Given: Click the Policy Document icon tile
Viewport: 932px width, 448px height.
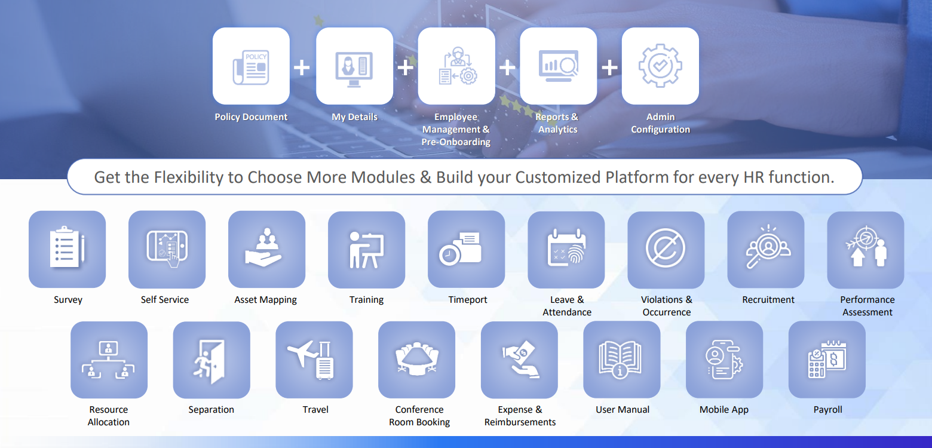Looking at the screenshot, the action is pos(251,66).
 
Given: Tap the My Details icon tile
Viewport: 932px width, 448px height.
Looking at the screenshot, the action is pos(354,66).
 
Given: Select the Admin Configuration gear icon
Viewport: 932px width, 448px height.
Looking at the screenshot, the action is pos(660,66).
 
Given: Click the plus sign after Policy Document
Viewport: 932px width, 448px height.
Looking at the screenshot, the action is pos(302,67).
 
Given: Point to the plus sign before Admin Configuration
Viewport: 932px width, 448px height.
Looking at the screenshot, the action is pos(609,67).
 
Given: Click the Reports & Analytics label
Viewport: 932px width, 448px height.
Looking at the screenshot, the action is pos(557,123).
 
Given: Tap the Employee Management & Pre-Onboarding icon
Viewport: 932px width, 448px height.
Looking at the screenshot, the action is pos(457,66).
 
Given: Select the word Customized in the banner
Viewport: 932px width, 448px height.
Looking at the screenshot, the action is pos(558,177).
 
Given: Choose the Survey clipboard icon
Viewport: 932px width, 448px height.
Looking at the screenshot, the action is pos(66,247).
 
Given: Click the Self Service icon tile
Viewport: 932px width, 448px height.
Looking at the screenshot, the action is pos(167,249).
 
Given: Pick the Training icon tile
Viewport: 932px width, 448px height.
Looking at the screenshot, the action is pos(367,250).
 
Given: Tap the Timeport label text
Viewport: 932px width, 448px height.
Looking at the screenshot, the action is pos(467,299).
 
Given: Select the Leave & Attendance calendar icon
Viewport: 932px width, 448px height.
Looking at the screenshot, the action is pos(567,247).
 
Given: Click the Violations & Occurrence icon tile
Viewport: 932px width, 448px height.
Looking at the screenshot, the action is pos(666,250).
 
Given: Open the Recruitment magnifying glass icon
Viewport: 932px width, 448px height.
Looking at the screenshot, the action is pos(768,247).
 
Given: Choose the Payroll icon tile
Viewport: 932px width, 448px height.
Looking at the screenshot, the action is pos(827,360).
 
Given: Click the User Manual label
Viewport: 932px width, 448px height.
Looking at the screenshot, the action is pos(623,410).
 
